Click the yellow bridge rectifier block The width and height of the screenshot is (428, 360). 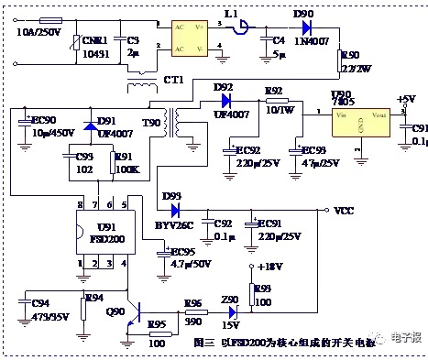click(195, 34)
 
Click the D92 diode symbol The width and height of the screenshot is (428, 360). click(222, 102)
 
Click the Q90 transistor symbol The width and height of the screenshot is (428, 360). click(135, 311)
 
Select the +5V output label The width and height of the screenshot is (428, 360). click(406, 98)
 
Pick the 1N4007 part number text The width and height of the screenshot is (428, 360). click(310, 41)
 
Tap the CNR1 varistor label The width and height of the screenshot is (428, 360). click(94, 41)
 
